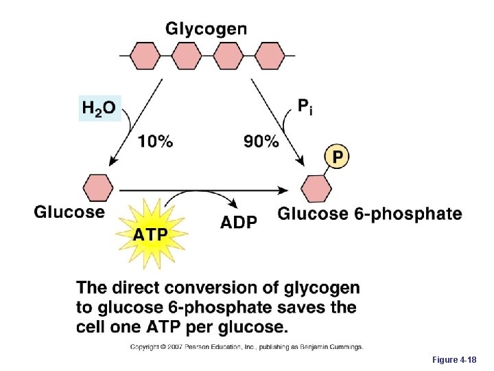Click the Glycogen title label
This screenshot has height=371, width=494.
[207, 29]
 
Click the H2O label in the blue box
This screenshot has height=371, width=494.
[99, 108]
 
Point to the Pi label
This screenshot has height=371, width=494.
[305, 106]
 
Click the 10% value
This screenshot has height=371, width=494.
[156, 142]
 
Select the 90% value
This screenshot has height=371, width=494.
[261, 142]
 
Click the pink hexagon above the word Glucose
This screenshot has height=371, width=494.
[98, 188]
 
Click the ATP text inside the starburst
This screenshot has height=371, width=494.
[150, 234]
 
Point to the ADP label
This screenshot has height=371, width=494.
[239, 222]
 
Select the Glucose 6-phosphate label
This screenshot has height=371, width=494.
[369, 214]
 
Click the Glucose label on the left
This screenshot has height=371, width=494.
[69, 212]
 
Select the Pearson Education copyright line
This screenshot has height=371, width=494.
[247, 347]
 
